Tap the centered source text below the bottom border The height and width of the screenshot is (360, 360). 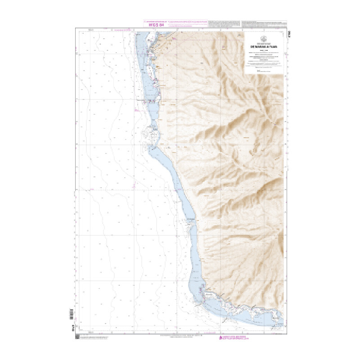pyautogui.click(x=180, y=336)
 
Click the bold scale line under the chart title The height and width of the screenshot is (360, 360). pyautogui.click(x=263, y=50)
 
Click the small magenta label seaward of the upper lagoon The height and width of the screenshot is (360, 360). pyautogui.click(x=135, y=109)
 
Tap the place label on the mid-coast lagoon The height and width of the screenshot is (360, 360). pyautogui.click(x=190, y=220)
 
